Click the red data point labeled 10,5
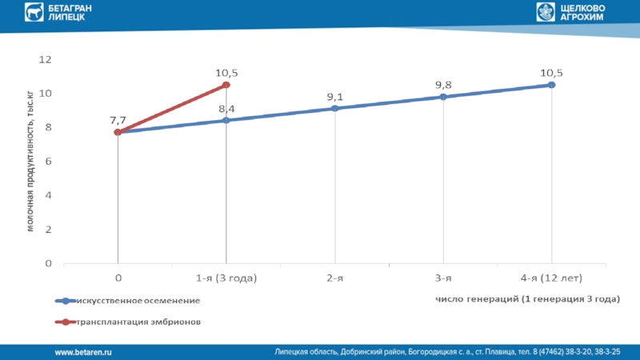pyautogui.click(x=226, y=85)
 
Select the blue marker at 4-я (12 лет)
pyautogui.click(x=551, y=85)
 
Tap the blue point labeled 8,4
pyautogui.click(x=226, y=120)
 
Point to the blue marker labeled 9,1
pyautogui.click(x=334, y=108)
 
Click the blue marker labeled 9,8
pyautogui.click(x=443, y=97)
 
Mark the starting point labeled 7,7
pyautogui.click(x=118, y=132)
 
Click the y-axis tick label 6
pyautogui.click(x=49, y=161)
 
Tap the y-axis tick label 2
pyautogui.click(x=49, y=229)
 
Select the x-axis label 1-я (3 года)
pyautogui.click(x=226, y=278)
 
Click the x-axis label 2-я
pyautogui.click(x=334, y=278)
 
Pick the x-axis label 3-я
pyautogui.click(x=443, y=278)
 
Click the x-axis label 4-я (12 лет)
pyautogui.click(x=551, y=278)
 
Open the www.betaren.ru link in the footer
pyautogui.click(x=82, y=352)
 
